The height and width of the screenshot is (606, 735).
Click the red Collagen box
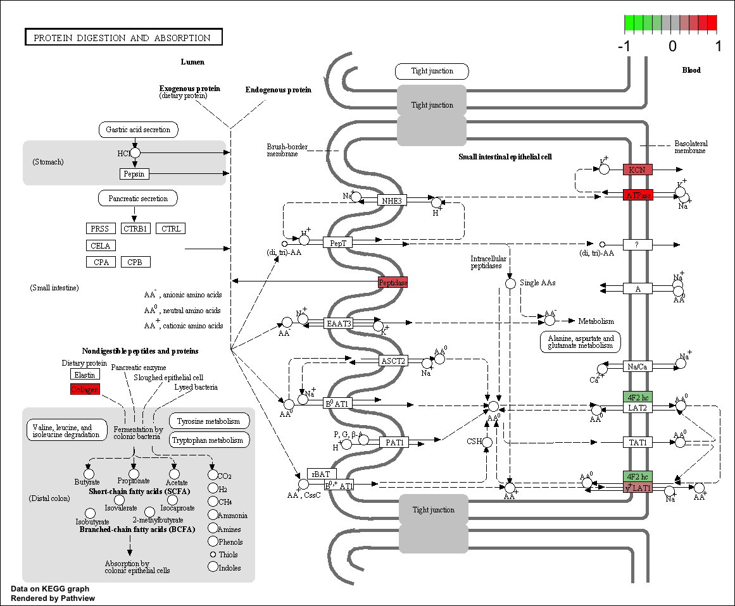click(85, 389)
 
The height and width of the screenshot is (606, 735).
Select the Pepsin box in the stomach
click(134, 173)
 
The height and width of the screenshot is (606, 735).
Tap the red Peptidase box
click(393, 283)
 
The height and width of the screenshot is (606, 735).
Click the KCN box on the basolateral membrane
click(637, 170)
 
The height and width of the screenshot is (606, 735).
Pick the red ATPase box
click(637, 195)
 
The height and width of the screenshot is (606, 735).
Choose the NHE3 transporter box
click(393, 201)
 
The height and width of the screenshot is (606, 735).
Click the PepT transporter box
click(337, 242)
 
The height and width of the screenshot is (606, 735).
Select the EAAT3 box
click(339, 323)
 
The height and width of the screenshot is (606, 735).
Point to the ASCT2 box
click(393, 361)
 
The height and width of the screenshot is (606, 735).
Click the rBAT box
click(322, 474)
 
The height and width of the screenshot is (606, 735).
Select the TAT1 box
click(637, 442)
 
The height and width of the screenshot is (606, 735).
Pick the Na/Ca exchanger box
click(637, 366)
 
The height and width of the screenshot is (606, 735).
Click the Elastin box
click(85, 374)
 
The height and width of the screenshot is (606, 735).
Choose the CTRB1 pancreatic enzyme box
click(135, 228)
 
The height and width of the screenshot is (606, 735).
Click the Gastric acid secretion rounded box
click(138, 130)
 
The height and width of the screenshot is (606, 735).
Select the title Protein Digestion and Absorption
click(123, 37)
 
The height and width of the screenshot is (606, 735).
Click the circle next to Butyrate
click(89, 473)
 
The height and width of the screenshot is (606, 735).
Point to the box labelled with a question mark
click(637, 244)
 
